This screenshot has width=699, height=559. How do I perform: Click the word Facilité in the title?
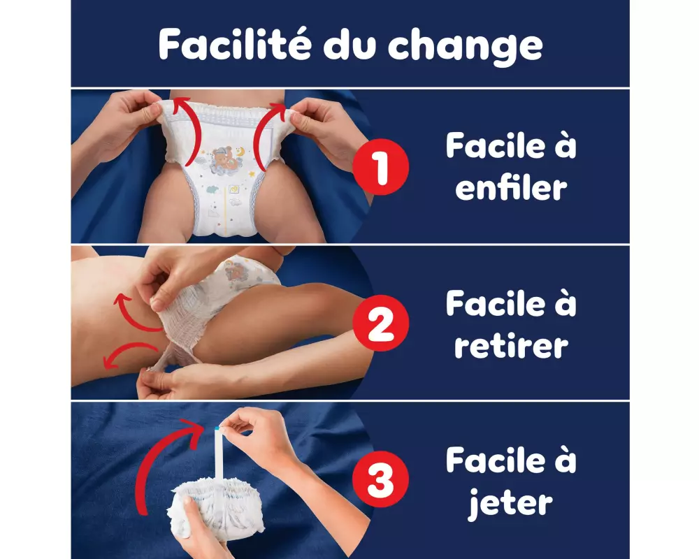234,44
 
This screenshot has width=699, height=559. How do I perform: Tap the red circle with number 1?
380,167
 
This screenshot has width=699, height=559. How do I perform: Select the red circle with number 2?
380,324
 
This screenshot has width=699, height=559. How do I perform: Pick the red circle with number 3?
380,479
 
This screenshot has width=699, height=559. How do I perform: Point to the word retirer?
512,346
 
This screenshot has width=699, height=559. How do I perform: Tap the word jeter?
510,504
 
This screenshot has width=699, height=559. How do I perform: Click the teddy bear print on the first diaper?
226,159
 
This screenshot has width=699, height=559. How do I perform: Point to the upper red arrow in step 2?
134,314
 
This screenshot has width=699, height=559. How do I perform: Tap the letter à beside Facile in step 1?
565,145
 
